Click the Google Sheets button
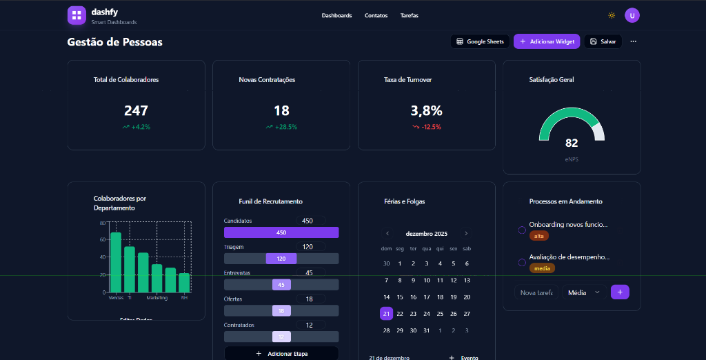pos(480,41)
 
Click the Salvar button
pos(603,41)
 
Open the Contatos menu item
pos(376,15)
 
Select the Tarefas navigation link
pos(409,15)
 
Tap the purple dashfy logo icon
pos(77,15)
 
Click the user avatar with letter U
pos(632,15)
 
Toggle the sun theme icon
pos(611,15)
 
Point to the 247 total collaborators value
pos(136,110)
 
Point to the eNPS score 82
pos(572,143)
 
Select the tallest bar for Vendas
pos(116,262)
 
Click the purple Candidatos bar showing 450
pos(281,232)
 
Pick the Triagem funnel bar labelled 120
pos(281,259)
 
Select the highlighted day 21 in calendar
pos(386,314)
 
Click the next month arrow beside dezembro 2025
pos(466,234)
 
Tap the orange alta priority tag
pos(538,236)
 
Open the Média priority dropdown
pos(584,292)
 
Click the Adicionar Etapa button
pos(281,353)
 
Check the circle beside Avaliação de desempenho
pos(522,262)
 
